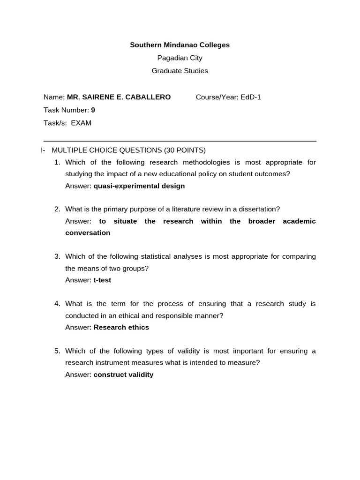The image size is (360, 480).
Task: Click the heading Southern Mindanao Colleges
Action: coord(180,45)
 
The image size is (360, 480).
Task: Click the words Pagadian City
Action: coord(180,58)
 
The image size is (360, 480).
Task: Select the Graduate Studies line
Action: coord(180,71)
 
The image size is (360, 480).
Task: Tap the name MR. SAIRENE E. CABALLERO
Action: coord(119,97)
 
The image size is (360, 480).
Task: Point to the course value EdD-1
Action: coord(251,97)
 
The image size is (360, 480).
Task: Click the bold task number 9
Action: coord(93,110)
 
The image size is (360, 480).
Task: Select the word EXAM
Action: coord(81,123)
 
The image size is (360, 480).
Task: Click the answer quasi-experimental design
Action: coord(139,186)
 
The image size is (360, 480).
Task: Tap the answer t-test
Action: coord(102,280)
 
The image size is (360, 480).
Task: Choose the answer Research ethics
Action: coord(121,327)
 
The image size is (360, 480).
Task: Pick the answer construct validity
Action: coord(123,375)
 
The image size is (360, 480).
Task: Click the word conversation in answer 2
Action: coord(88,232)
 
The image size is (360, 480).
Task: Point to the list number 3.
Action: coord(57,256)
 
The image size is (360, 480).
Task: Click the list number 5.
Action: coord(57,351)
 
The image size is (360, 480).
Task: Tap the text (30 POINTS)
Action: coord(185,150)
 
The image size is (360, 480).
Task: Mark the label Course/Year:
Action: coord(217,97)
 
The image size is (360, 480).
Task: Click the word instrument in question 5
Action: coord(109,363)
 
